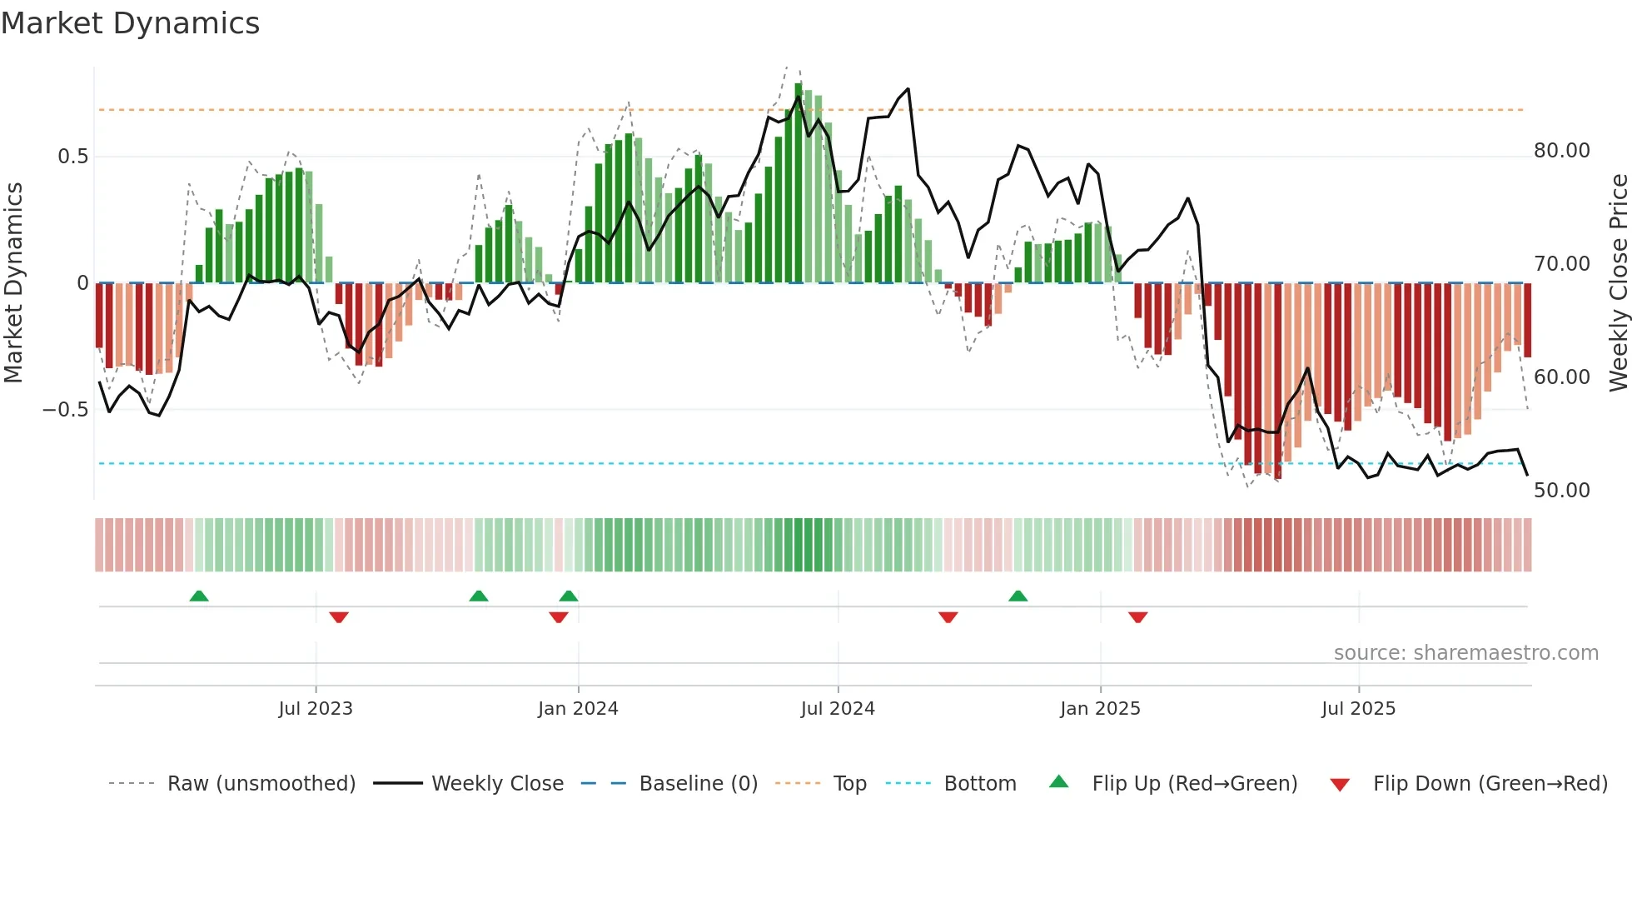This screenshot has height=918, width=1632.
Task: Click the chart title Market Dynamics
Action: tap(130, 23)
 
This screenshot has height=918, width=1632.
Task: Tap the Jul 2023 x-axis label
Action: tap(316, 708)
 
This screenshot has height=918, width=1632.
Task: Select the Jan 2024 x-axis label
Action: tap(578, 708)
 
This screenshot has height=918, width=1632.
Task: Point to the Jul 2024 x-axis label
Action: tap(838, 708)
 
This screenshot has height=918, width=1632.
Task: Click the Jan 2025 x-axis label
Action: tap(1100, 708)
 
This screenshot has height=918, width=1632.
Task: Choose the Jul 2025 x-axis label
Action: tap(1358, 708)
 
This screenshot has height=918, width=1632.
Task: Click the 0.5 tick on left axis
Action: tap(72, 157)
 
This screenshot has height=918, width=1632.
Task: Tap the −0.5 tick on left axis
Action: tap(66, 409)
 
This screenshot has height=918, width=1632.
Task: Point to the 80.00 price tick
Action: tap(1561, 151)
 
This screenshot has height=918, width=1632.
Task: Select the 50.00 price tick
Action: tap(1561, 490)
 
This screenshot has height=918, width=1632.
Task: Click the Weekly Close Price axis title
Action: tap(1618, 283)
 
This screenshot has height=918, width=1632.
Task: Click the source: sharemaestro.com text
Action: tap(1465, 652)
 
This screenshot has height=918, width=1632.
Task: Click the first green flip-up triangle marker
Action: tap(199, 596)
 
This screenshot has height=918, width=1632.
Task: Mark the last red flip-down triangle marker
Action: tap(1138, 617)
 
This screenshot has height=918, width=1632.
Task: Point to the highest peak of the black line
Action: tap(908, 89)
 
